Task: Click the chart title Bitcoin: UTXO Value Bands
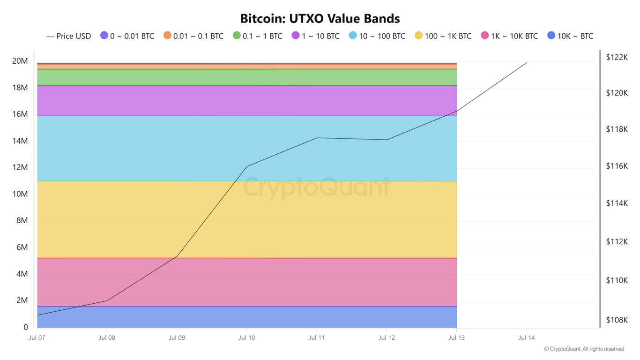click(x=320, y=19)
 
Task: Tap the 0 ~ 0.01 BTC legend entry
click(x=127, y=36)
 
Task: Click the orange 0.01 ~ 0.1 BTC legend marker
click(x=167, y=36)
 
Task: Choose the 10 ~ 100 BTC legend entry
click(x=377, y=36)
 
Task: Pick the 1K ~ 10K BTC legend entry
click(x=509, y=36)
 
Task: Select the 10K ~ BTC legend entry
click(x=570, y=36)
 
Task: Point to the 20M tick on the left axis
click(x=20, y=61)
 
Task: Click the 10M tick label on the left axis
click(x=20, y=194)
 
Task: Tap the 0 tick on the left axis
click(x=25, y=327)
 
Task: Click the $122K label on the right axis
click(x=617, y=57)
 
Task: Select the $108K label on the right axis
click(x=617, y=320)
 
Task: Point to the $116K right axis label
click(x=617, y=166)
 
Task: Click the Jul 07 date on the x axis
click(x=37, y=337)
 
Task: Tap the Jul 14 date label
click(x=527, y=337)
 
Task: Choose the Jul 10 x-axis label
click(x=247, y=337)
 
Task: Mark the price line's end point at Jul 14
click(x=527, y=62)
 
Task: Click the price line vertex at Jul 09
click(x=177, y=256)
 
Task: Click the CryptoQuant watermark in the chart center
click(x=317, y=187)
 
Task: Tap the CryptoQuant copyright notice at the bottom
click(x=584, y=349)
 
